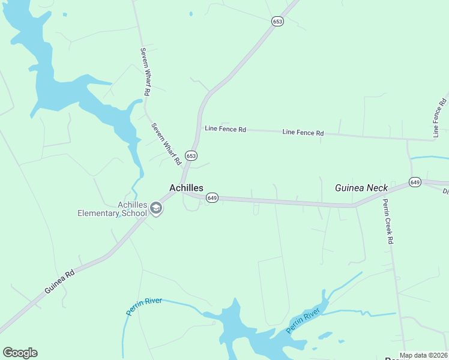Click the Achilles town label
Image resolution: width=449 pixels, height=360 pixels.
click(186, 188)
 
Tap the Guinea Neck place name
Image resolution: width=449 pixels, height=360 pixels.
click(361, 188)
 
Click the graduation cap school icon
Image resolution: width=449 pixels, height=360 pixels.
click(156, 208)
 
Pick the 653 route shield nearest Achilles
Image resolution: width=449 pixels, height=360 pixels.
click(191, 155)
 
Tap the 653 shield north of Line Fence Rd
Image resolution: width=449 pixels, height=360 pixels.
click(277, 21)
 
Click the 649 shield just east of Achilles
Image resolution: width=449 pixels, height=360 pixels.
click(211, 197)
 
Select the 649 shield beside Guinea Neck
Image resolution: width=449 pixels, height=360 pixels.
click(415, 182)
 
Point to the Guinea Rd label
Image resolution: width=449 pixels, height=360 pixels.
click(59, 281)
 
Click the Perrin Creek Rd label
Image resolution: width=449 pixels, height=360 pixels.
click(388, 221)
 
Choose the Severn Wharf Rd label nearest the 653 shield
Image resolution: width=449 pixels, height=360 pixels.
click(166, 144)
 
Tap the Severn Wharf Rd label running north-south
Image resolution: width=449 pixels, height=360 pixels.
click(144, 72)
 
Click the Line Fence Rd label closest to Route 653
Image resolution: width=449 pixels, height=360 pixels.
click(225, 129)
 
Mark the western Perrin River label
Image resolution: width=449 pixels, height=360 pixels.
click(144, 305)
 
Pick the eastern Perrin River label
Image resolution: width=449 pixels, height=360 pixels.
click(303, 322)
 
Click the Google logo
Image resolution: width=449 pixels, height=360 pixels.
click(20, 353)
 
